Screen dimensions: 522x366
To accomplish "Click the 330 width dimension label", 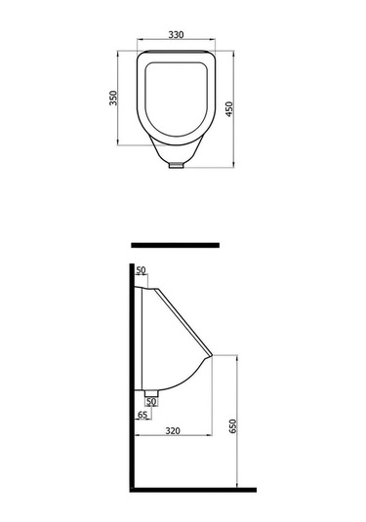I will pyautogui.click(x=177, y=34).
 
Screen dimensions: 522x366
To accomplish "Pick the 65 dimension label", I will pyautogui.click(x=142, y=416).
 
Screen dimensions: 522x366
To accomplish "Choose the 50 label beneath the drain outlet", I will pyautogui.click(x=151, y=401).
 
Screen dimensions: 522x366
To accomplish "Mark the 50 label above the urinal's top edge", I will pyautogui.click(x=141, y=269).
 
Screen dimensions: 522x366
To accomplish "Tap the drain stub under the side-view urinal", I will pyautogui.click(x=152, y=390).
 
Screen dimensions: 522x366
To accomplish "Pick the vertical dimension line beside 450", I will pyautogui.click(x=239, y=107).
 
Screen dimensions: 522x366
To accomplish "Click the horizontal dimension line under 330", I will pyautogui.click(x=177, y=40).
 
